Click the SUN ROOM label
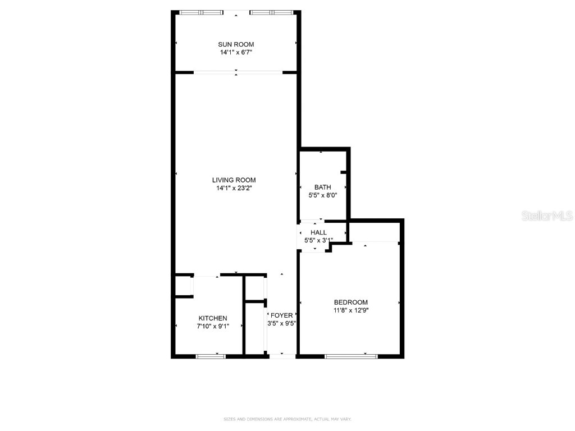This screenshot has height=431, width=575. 236,44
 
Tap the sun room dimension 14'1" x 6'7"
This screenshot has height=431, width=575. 236,53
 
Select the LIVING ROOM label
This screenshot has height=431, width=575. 234,180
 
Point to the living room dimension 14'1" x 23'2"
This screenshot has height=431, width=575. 234,189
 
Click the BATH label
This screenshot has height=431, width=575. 322,187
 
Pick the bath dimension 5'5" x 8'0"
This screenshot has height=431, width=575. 322,195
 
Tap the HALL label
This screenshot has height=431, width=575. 318,232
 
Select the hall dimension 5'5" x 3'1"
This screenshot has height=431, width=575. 318,240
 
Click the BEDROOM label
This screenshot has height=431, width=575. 351,302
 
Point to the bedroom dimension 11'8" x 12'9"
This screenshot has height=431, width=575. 351,310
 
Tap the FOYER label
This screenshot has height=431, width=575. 281,315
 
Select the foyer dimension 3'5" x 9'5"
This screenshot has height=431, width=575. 281,323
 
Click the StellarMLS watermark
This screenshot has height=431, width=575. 546,215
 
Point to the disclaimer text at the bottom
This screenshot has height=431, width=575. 287,419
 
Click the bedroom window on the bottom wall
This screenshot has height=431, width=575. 352,355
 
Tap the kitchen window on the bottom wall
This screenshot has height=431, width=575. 211,355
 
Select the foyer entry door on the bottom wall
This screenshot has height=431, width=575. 282,355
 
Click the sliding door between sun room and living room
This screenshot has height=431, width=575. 238,72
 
